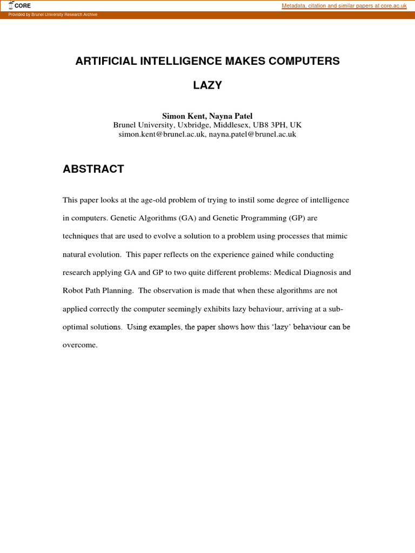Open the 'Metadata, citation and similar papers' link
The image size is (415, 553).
pyautogui.click(x=344, y=5)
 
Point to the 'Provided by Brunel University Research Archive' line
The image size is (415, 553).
pyautogui.click(x=53, y=15)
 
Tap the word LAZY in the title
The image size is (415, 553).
pyautogui.click(x=207, y=85)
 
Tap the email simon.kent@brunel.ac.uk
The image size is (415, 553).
pyautogui.click(x=162, y=134)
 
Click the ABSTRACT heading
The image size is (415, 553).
pyautogui.click(x=93, y=169)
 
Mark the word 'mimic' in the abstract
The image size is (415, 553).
pyautogui.click(x=337, y=237)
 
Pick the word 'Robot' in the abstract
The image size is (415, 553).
pyautogui.click(x=73, y=291)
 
